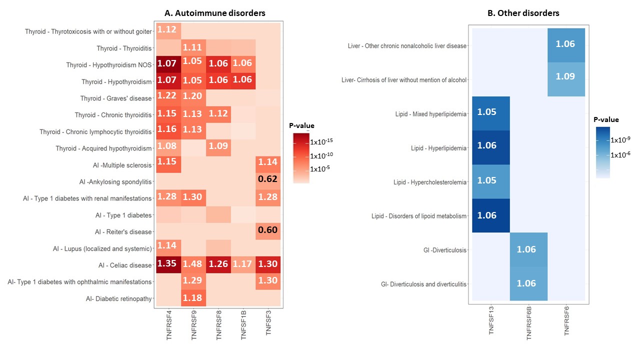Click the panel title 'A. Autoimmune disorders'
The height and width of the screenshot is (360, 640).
tap(215, 13)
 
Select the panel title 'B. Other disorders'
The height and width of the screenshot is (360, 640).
tap(523, 13)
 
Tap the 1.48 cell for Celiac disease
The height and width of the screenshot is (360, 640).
tap(193, 265)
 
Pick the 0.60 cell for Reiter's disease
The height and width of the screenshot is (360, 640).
tap(268, 231)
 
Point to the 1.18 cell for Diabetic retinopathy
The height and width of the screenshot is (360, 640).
tap(193, 298)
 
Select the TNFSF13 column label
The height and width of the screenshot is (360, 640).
tap(491, 320)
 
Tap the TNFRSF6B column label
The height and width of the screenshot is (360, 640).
tap(528, 323)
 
